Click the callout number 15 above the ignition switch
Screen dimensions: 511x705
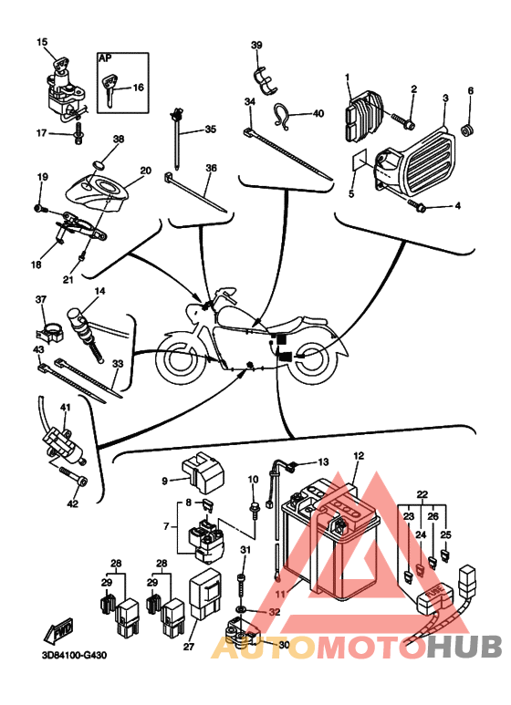(x=42, y=42)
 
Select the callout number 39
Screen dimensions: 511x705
(x=255, y=45)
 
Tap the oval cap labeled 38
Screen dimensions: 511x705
(x=99, y=164)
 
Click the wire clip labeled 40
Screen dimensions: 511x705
(x=283, y=117)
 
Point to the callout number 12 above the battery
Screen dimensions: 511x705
(x=358, y=455)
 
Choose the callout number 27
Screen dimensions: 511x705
(x=189, y=646)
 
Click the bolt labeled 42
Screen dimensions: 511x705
(x=73, y=475)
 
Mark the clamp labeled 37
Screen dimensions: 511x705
(x=49, y=331)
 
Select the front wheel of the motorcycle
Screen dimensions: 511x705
(x=181, y=360)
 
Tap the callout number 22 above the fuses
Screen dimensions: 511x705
(x=422, y=494)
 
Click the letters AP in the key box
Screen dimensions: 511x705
(x=105, y=58)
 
